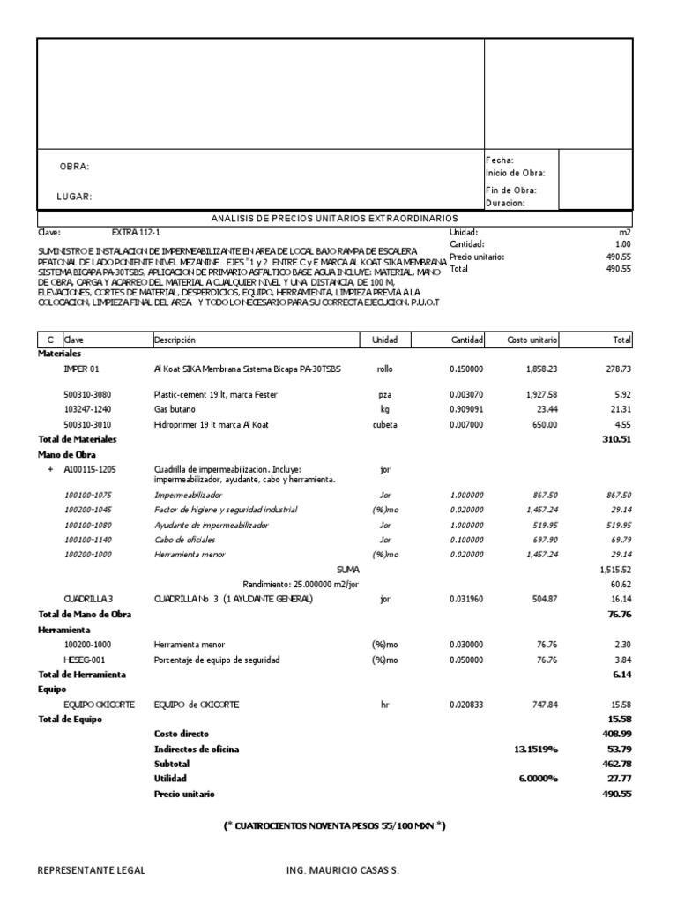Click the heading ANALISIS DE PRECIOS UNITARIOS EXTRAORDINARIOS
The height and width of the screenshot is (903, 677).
tap(334, 218)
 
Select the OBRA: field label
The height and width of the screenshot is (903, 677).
tap(74, 167)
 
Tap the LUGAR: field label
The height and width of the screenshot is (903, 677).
tap(75, 197)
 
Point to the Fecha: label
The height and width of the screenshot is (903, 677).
tap(500, 160)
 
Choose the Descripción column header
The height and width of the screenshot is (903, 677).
tap(174, 340)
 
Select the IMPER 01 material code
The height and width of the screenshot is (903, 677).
tap(82, 369)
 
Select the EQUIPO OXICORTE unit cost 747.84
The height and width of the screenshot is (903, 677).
tap(542, 705)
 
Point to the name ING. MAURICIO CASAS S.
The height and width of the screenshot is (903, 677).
tap(343, 870)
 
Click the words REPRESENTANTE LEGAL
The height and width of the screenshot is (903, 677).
tap(91, 870)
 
